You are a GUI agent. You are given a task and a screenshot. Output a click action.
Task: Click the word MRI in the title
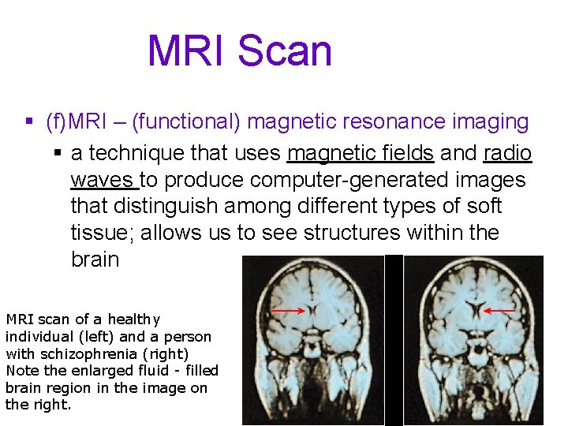tap(186, 50)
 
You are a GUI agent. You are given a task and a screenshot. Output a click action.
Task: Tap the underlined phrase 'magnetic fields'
tap(361, 153)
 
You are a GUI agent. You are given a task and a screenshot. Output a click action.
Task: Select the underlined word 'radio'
tap(508, 153)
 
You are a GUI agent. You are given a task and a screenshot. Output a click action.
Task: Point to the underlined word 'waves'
tap(103, 180)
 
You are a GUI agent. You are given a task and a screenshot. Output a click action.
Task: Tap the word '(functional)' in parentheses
tap(186, 122)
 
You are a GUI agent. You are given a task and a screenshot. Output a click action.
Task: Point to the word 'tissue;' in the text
tap(103, 233)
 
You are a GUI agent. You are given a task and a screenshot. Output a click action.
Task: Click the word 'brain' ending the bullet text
tap(95, 260)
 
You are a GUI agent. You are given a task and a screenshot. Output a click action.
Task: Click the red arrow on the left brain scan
tap(289, 312)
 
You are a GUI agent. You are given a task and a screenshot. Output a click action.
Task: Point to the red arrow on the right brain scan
tap(499, 311)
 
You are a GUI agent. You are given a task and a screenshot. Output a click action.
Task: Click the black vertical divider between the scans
tap(394, 339)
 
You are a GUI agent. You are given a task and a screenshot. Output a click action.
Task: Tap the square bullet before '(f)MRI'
tap(29, 122)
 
